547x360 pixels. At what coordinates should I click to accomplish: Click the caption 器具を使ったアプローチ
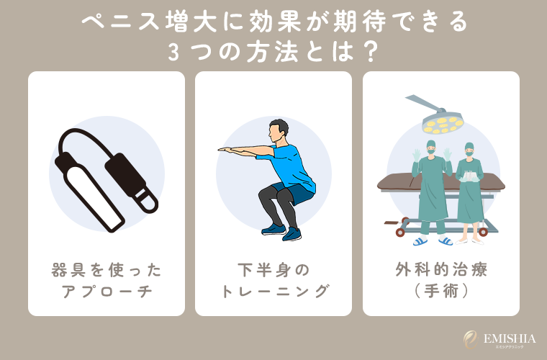tap(107, 281)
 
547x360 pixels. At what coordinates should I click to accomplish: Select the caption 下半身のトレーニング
tap(273, 281)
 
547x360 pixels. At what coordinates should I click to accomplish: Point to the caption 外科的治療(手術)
tap(441, 281)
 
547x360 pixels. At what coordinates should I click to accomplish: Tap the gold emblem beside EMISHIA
tap(470, 339)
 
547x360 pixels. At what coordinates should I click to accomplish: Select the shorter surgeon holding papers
tap(469, 191)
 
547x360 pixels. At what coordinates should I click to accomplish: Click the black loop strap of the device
tap(79, 144)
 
